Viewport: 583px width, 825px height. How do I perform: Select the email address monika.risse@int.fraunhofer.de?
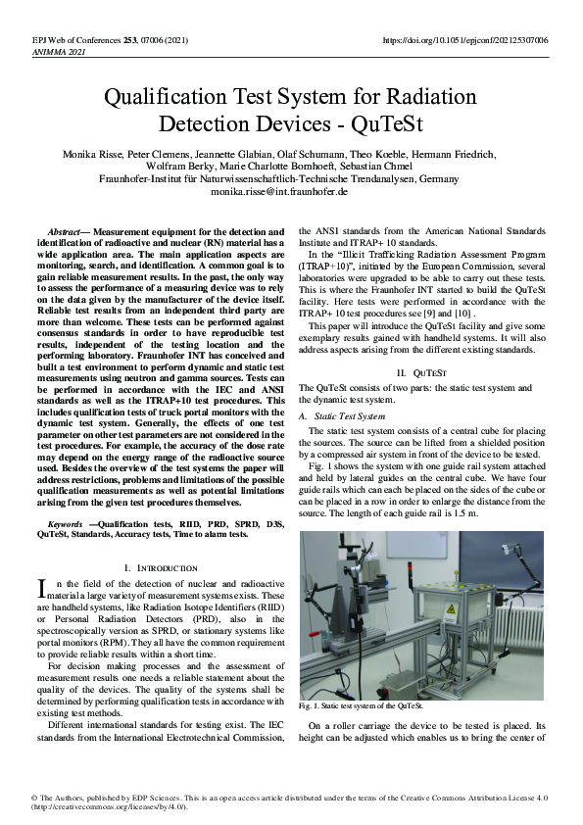coord(279,192)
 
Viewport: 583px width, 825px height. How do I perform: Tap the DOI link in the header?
coord(464,40)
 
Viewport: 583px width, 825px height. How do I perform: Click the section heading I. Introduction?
coord(162,568)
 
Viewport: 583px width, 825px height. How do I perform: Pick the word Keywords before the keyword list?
coord(64,524)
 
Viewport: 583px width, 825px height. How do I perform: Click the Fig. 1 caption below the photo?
coord(361,705)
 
